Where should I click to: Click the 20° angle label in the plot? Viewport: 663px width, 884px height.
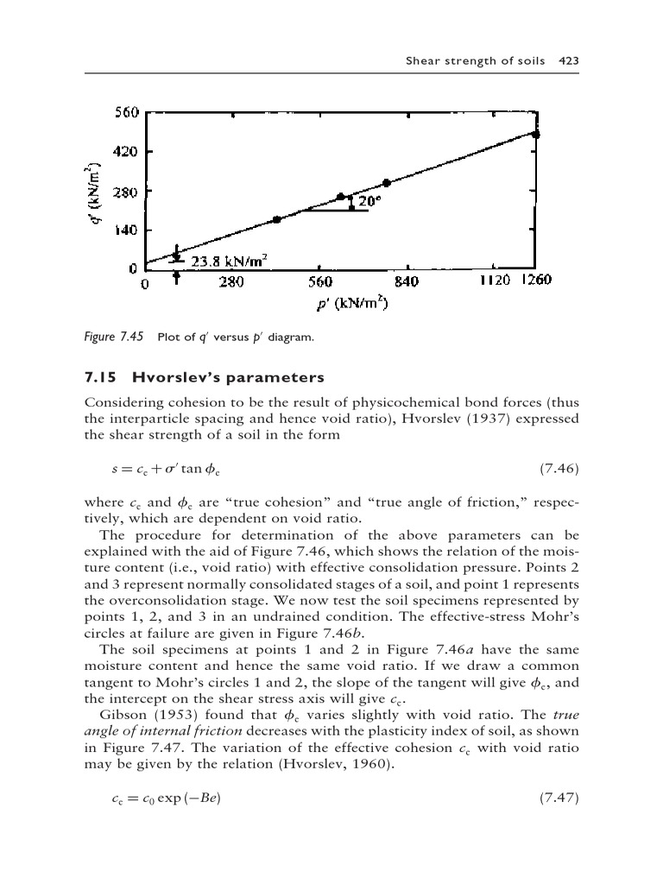(369, 201)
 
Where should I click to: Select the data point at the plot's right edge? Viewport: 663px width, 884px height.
(536, 135)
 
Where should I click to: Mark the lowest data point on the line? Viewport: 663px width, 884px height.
(276, 220)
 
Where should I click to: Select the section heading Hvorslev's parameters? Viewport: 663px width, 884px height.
(228, 378)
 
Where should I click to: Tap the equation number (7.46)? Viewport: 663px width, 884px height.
(558, 469)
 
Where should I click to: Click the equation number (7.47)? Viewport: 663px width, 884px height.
(558, 797)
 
